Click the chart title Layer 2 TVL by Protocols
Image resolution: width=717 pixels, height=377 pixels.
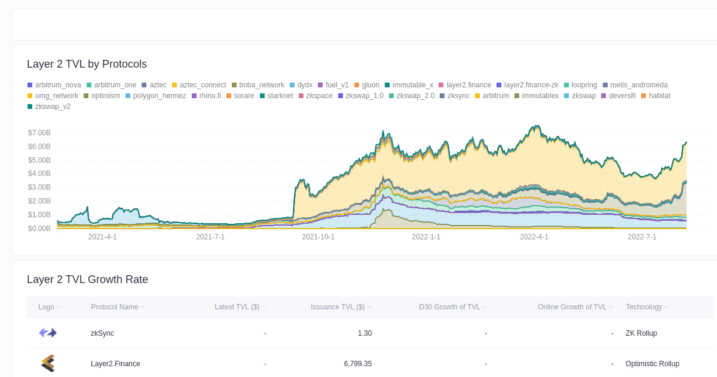coord(87,64)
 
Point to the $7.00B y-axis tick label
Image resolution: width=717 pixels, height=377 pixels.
coord(39,133)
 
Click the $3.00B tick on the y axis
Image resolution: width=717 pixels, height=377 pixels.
coord(39,187)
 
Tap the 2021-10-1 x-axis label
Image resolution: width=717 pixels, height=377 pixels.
coord(318,237)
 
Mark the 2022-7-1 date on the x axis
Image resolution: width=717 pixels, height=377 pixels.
coord(642,237)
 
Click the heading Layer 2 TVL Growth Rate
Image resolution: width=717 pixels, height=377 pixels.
coord(87,279)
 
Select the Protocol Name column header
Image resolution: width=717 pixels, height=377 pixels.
coord(115,307)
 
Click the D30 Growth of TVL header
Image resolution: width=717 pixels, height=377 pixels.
coord(449,307)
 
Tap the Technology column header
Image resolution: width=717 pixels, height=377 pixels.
coord(644,307)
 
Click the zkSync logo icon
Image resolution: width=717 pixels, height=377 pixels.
coord(48,333)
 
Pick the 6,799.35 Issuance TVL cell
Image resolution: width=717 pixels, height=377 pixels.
coord(357,363)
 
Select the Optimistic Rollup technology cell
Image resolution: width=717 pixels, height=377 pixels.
coord(652,363)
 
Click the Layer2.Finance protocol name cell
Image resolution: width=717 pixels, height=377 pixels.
coord(115,363)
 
